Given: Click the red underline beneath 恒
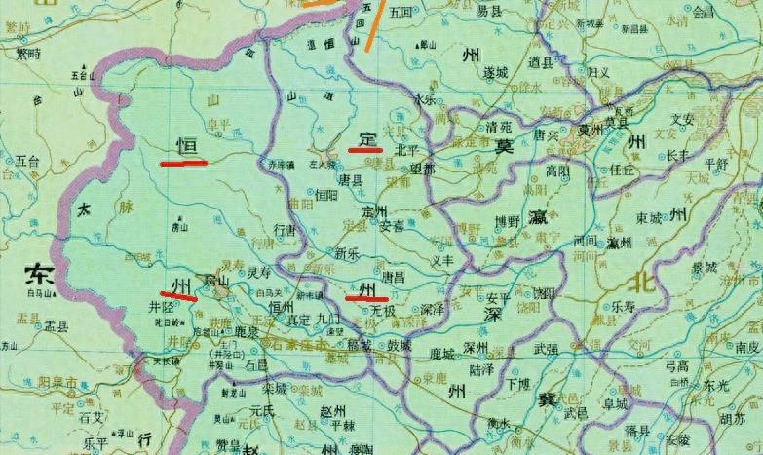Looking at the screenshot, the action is [183, 164].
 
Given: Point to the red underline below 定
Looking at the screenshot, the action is [363, 150].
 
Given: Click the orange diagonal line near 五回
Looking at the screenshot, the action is [373, 24].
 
